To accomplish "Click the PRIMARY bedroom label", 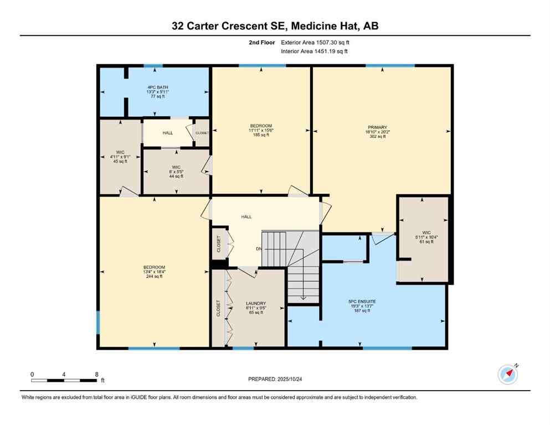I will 377,127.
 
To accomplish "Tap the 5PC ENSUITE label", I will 359,301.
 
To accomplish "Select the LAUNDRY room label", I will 256,303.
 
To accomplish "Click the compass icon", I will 507,375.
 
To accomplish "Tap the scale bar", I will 64,380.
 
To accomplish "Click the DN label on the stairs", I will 259,248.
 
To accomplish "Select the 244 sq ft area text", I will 154,276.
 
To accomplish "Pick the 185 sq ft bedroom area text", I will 260,135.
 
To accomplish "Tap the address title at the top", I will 275,25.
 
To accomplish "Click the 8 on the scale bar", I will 96,374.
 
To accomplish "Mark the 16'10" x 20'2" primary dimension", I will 377,132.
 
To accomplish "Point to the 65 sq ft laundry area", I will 256,313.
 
